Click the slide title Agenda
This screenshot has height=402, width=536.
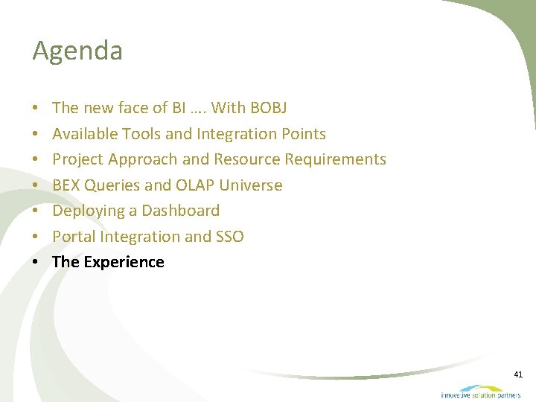77,51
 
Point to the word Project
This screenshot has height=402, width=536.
77,159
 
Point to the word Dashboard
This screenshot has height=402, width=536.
180,211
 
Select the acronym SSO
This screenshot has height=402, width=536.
230,237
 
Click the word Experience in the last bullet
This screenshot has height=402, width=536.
124,262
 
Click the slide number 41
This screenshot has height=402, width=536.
518,374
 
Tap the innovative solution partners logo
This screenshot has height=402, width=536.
480,392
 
